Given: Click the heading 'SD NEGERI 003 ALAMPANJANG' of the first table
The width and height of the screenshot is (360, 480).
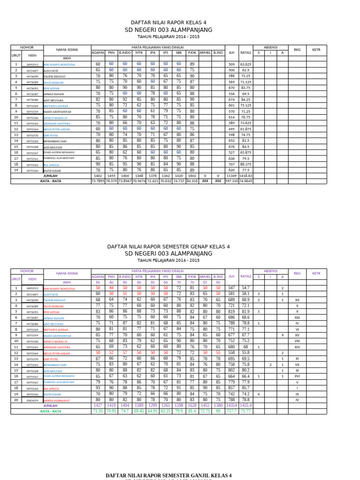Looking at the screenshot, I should pos(168,30).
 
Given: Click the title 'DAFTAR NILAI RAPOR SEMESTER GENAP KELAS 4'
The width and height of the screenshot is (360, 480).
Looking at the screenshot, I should pos(168,246).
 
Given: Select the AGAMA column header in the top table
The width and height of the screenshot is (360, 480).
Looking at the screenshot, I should pos(98,53).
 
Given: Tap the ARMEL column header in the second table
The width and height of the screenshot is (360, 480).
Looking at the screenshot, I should pos(205,277).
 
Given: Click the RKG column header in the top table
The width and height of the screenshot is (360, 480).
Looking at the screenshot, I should pos(297,50).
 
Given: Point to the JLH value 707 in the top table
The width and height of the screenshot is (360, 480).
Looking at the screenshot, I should pos(231,165).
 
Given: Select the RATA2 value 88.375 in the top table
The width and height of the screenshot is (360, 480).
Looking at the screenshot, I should pos(245,165).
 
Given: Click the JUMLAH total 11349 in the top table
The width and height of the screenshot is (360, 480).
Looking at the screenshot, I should pos(231,176).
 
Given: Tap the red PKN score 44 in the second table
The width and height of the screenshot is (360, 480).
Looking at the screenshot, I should pos(111,288).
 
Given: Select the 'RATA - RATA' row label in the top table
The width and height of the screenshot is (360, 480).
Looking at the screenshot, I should pos(51,181).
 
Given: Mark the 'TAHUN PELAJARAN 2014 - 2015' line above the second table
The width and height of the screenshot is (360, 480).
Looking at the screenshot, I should pos(168,260).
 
